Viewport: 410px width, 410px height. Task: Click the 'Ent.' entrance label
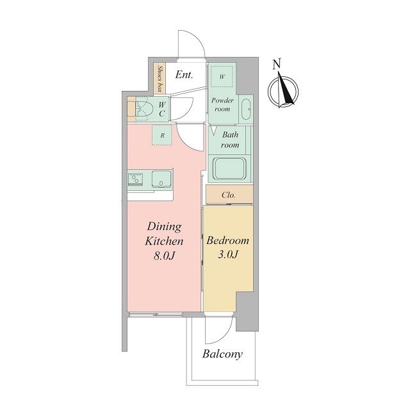tap(184, 75)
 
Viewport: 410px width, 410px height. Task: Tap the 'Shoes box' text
tap(160, 79)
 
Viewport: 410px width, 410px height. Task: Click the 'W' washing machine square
tap(222, 77)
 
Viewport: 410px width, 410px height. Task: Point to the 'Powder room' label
tap(222, 104)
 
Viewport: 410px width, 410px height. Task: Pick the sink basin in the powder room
tap(246, 110)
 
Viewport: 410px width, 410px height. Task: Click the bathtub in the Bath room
tap(229, 169)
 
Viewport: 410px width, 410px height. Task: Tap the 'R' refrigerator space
tap(162, 135)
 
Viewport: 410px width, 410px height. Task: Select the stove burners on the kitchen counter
tap(135, 179)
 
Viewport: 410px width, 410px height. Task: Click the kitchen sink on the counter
tap(161, 179)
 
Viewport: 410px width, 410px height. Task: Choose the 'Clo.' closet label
tap(229, 195)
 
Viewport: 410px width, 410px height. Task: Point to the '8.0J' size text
tap(164, 256)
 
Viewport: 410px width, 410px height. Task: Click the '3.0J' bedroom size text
tap(228, 254)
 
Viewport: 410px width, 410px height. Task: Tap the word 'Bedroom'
tap(228, 241)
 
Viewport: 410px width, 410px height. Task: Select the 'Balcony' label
tap(222, 354)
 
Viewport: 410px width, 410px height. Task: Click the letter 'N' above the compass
tap(276, 64)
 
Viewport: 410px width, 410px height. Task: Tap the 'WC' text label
tap(162, 110)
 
